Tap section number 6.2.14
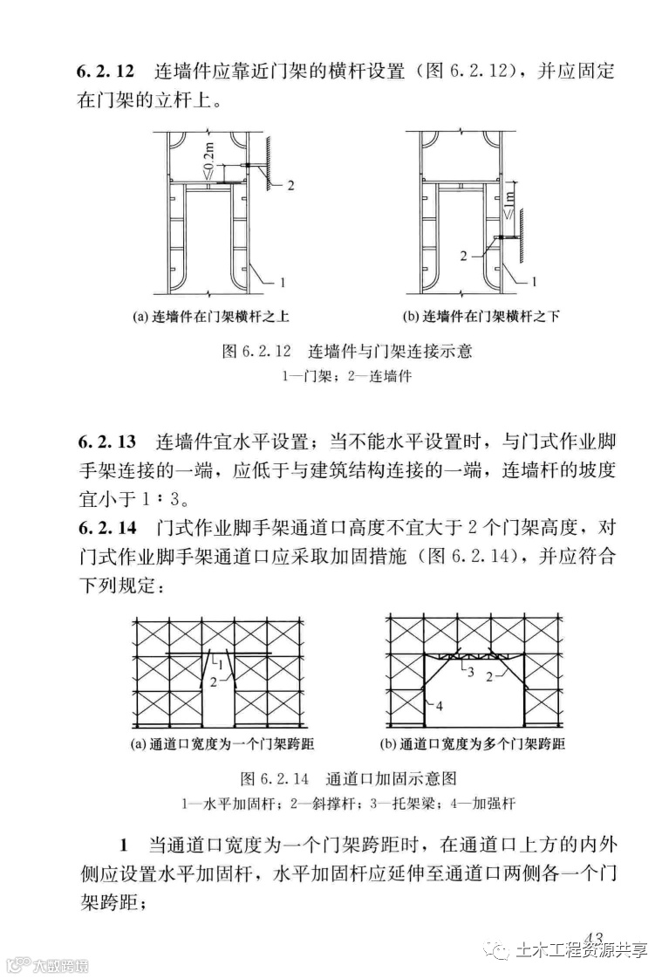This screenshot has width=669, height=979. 107,527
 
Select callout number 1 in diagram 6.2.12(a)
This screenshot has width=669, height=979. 283,281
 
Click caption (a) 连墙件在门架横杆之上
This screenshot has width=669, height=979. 209,316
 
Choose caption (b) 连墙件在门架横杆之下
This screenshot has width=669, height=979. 481,316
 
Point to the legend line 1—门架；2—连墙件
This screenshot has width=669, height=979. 347,377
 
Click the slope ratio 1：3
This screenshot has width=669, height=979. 165,501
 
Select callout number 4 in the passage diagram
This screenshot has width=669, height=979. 439,706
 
